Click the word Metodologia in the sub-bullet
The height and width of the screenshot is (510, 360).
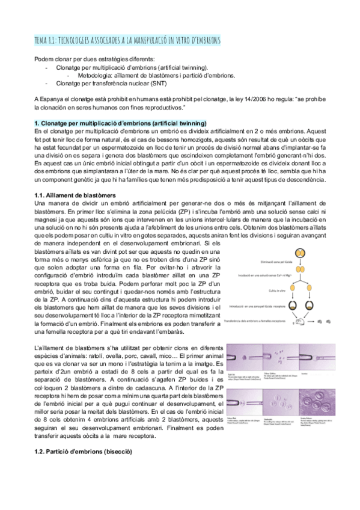click(x=95, y=76)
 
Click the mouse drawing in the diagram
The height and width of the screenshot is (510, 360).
click(x=297, y=323)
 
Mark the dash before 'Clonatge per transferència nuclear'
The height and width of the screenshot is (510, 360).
click(x=47, y=84)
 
